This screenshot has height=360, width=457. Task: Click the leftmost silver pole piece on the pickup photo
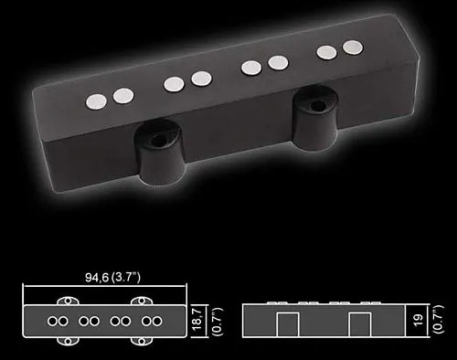click(x=96, y=101)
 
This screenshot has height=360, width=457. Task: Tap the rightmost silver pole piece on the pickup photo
click(x=353, y=48)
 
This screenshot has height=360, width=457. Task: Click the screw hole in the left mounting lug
click(x=158, y=141)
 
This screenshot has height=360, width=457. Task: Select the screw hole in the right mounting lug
click(x=319, y=106)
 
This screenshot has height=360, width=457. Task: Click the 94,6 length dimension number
click(x=97, y=278)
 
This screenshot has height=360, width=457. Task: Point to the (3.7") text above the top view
click(x=126, y=278)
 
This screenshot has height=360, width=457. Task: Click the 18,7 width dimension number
click(x=197, y=319)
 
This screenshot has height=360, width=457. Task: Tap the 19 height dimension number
click(x=418, y=320)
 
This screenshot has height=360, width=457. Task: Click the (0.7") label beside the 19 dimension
click(x=438, y=319)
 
